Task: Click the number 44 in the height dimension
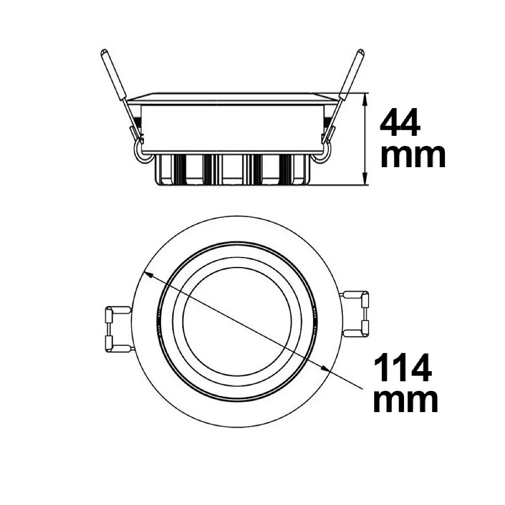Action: [x=400, y=123]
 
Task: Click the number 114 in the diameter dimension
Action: [x=402, y=368]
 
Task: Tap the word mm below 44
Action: [x=413, y=157]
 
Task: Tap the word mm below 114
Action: [x=406, y=401]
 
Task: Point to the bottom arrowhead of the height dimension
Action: [x=365, y=179]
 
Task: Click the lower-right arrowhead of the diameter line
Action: [x=325, y=369]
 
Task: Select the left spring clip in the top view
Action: [x=118, y=329]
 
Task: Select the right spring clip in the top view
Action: [x=356, y=314]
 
